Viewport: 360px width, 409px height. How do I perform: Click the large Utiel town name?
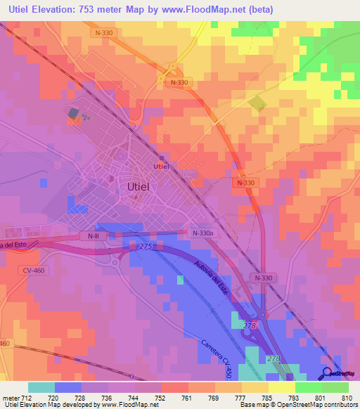click(143, 187)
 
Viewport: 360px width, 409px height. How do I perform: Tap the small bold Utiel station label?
click(162, 166)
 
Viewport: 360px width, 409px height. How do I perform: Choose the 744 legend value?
click(122, 397)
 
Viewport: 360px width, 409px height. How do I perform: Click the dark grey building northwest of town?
click(72, 112)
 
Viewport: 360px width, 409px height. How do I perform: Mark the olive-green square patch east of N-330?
click(257, 103)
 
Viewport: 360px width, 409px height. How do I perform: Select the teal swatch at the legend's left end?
click(41, 387)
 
